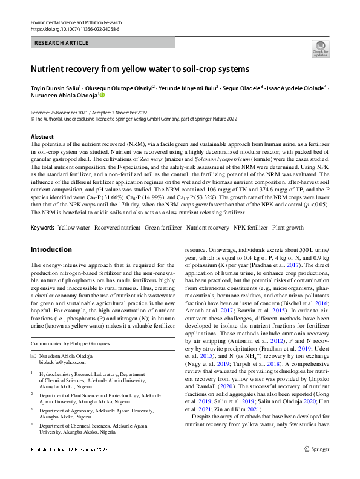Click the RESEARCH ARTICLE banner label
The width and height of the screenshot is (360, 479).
coord(60,44)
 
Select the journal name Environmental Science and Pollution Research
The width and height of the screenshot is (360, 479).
coord(75,22)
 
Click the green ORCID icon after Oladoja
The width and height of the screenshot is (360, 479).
coord(102,96)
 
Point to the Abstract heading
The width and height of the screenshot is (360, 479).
coord(42,137)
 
